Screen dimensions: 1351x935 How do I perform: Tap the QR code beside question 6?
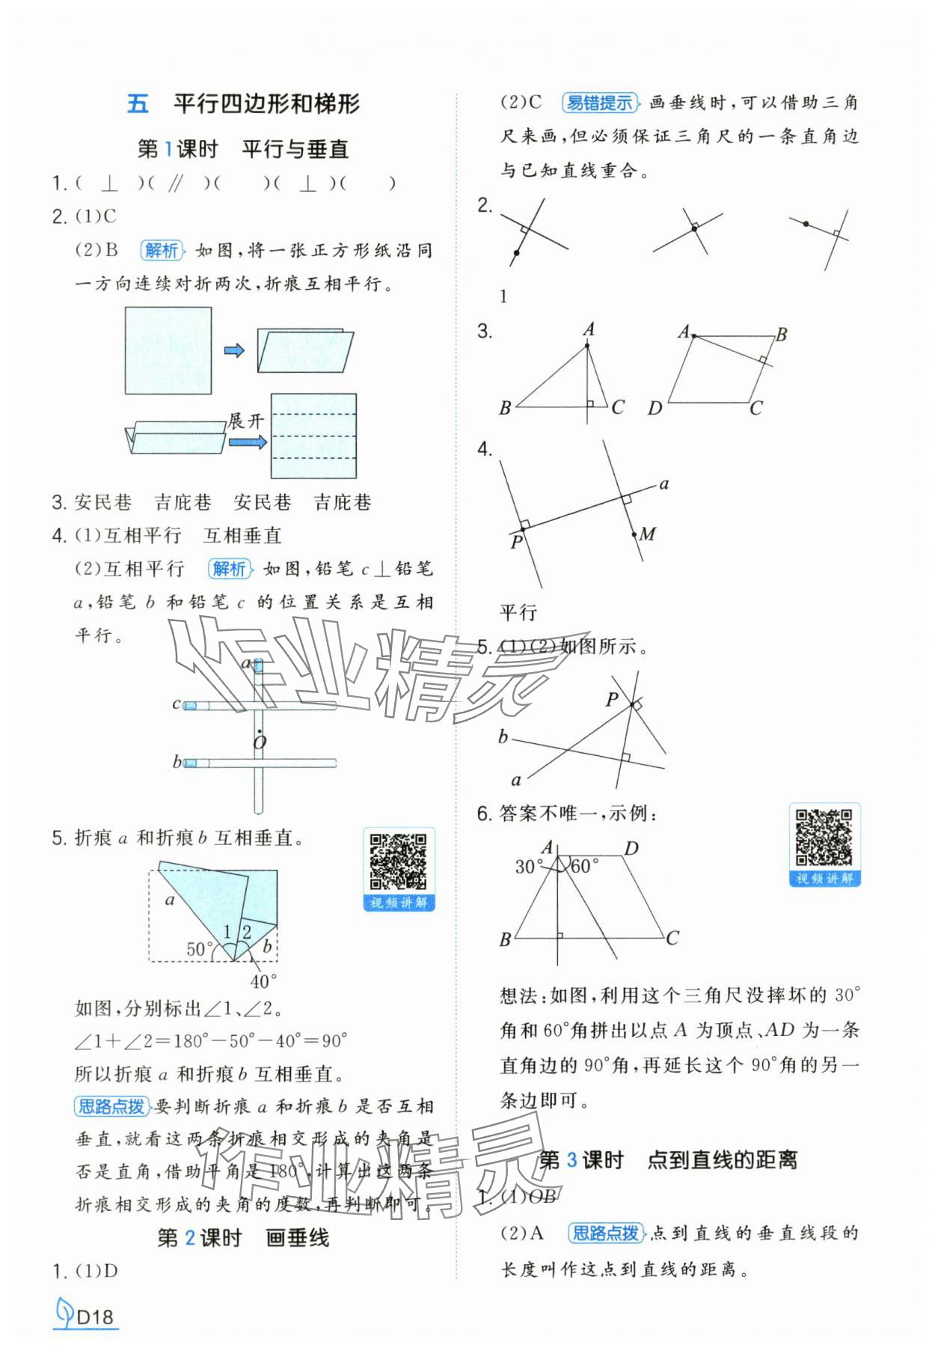coord(824,837)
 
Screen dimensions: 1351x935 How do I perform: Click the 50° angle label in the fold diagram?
coord(200,949)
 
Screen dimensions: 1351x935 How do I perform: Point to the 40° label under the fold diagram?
coord(263,981)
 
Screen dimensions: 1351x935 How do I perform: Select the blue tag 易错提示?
coord(599,103)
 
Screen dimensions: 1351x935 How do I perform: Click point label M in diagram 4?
coord(648,534)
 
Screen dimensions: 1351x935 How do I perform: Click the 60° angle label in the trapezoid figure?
coord(584,867)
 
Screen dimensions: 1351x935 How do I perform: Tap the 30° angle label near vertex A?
coord(528,867)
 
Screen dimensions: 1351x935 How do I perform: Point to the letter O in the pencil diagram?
coord(259,742)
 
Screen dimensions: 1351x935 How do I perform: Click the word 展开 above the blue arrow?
coord(246,421)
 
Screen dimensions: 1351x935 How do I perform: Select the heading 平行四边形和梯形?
coord(266,104)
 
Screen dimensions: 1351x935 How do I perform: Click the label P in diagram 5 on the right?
coord(612,699)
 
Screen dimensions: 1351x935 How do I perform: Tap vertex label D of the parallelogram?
coord(654,409)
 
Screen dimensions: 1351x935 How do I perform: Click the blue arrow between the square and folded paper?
coord(234,350)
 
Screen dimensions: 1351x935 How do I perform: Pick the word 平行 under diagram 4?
coord(518,612)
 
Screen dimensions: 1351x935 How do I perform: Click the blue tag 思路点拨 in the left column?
coord(111,1106)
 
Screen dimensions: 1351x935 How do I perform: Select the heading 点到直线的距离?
coord(722,1160)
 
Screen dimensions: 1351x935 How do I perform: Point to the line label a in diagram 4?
coord(663,484)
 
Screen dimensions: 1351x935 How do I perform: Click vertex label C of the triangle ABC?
coord(617,407)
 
